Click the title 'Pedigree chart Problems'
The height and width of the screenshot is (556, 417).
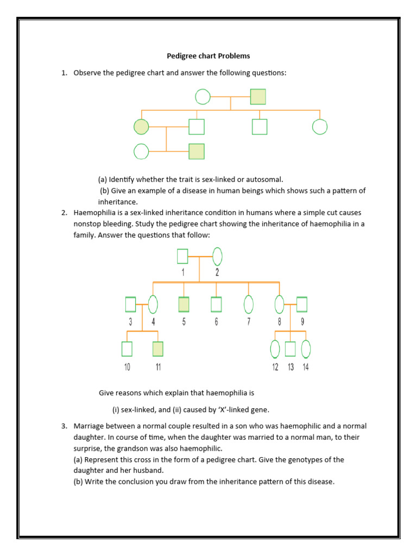coord(208,55)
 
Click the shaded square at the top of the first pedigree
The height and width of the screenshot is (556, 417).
coord(258,97)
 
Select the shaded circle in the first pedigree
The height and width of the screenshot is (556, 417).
coord(141,127)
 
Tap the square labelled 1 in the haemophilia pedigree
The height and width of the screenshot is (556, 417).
coord(182,256)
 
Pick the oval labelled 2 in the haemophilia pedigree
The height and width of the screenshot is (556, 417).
coord(217,256)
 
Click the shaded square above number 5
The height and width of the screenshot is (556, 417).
coord(184,305)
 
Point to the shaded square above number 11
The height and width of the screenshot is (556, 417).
coord(158,349)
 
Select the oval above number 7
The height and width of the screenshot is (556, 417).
coord(249,305)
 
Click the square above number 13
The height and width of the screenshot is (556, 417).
coord(290,349)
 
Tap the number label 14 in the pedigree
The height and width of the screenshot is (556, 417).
coord(306,367)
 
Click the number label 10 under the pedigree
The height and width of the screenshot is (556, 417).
coord(127,367)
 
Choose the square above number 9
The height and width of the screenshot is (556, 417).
coord(302,305)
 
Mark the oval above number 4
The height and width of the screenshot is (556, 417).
coord(153,305)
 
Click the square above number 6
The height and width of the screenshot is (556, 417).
coord(216,305)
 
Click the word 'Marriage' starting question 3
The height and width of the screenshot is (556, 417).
coord(91,426)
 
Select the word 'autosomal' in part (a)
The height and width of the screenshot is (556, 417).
coord(265,179)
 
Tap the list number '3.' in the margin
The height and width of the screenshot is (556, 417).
coord(64,426)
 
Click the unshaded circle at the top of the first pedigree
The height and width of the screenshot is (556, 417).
coord(203,97)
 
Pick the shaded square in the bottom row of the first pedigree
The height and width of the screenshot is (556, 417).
coord(197,151)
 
